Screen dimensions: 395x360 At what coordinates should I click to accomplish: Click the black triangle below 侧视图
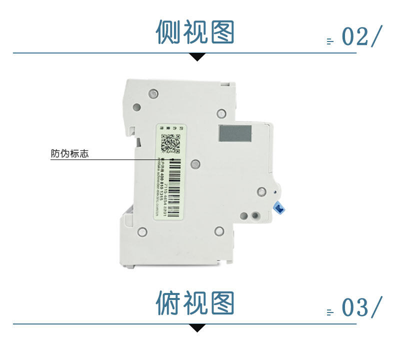(198, 56)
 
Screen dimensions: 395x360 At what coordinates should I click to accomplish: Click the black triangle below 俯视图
(198, 328)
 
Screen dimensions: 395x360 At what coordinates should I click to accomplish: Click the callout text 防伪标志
(69, 154)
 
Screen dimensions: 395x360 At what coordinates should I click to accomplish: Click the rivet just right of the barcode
(196, 163)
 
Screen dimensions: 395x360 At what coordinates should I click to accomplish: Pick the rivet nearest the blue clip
(261, 191)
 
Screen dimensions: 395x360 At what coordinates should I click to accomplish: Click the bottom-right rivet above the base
(219, 230)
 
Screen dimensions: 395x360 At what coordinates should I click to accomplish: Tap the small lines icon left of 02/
(329, 41)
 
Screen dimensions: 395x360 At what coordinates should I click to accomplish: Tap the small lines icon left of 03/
(329, 312)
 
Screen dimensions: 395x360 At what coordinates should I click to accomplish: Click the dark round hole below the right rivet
(256, 216)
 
